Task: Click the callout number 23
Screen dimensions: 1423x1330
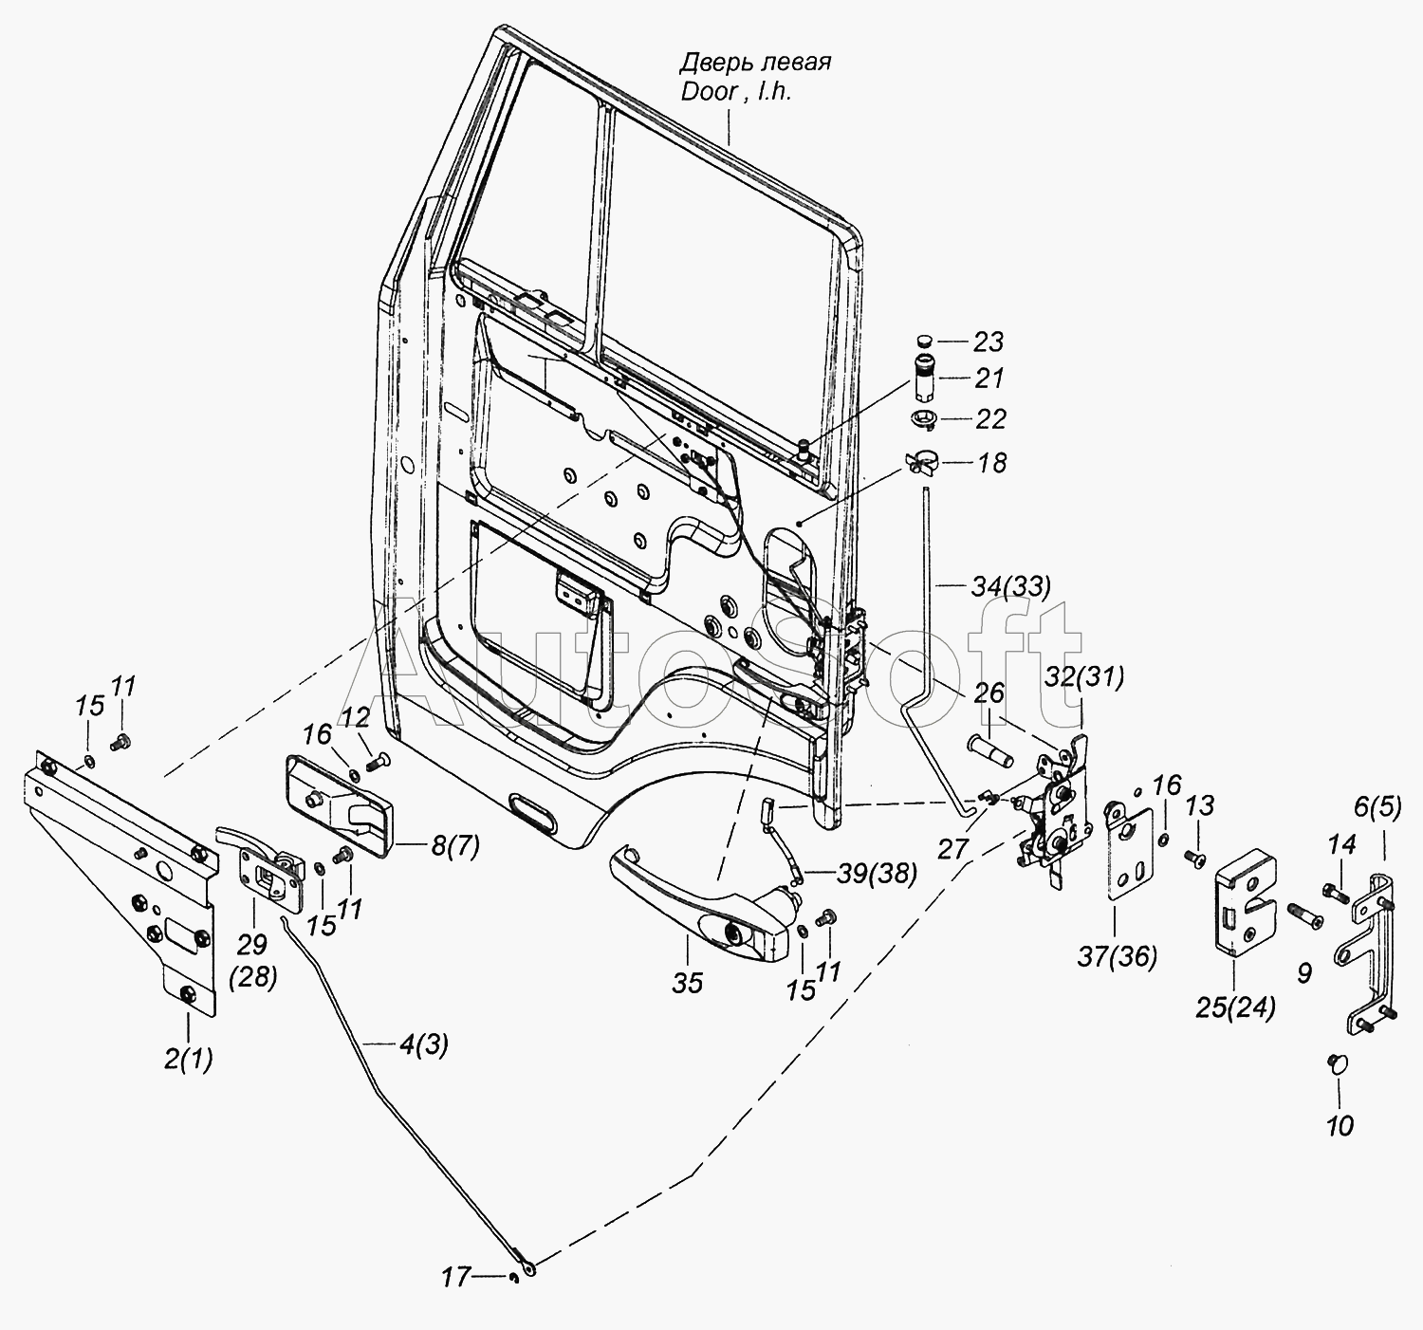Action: coord(989,342)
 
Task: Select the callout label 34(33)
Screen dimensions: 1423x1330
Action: coord(1011,586)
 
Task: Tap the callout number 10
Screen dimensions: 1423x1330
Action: coord(1340,1146)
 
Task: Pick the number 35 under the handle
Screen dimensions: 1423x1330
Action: coord(687,984)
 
